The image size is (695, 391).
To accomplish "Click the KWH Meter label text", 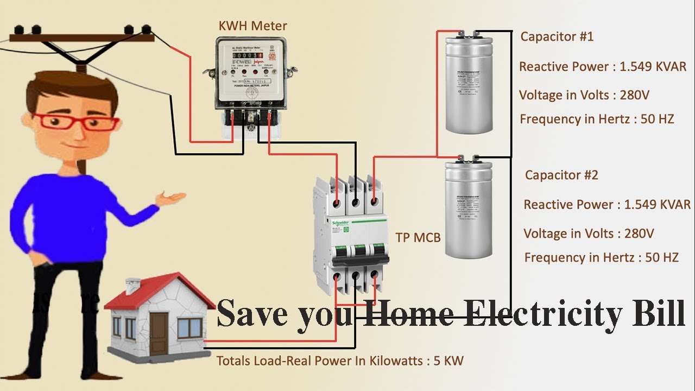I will click(252, 26).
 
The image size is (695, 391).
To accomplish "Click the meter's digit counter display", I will click(244, 56).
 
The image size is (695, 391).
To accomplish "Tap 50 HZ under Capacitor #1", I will click(657, 119).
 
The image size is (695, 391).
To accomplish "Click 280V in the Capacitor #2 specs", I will click(639, 234).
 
